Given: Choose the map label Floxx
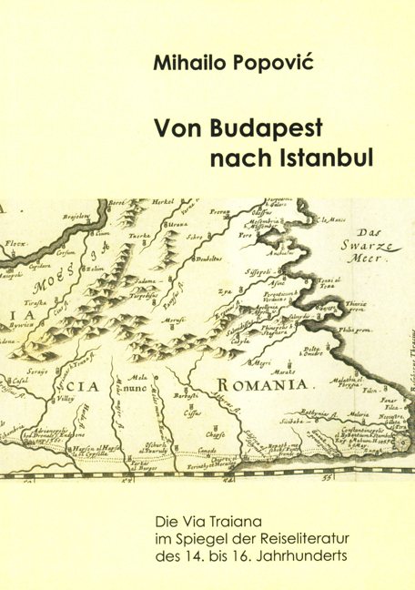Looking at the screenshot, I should coord(15,245).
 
